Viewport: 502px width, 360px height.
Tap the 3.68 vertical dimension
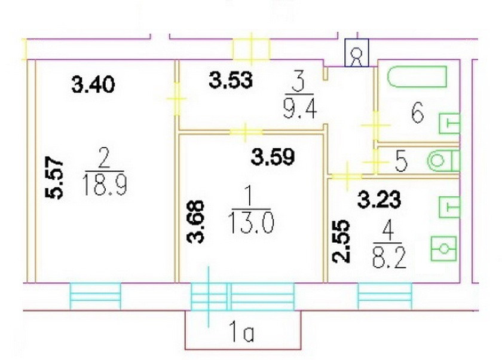[198, 221]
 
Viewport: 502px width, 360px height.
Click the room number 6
[418, 112]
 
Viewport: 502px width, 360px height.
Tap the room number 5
[401, 161]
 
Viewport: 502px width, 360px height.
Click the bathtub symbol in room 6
[417, 77]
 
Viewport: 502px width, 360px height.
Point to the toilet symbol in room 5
[444, 160]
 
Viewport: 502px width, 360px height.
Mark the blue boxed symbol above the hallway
[356, 54]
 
